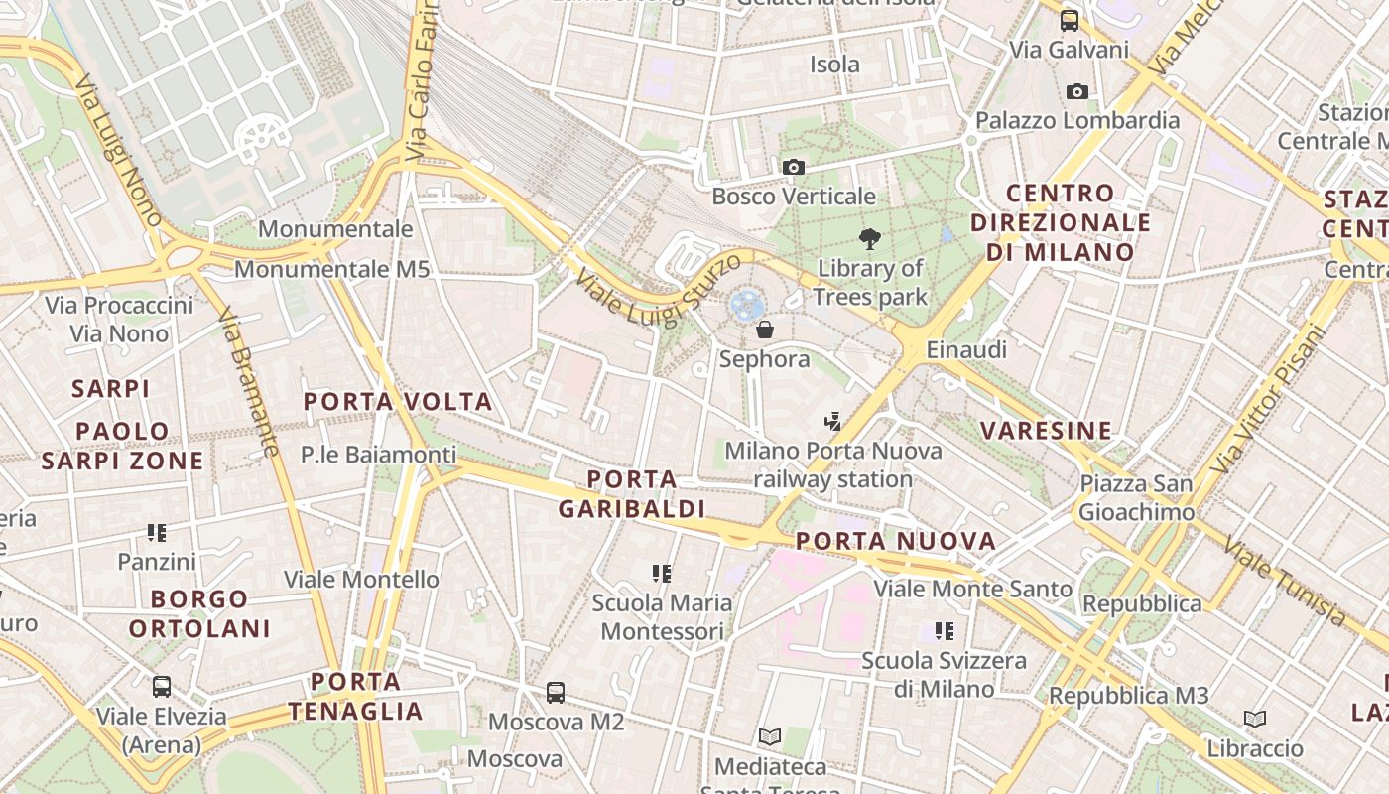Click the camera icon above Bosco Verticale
[x=793, y=167]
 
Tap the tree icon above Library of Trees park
[x=870, y=238]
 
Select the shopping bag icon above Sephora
[x=765, y=330]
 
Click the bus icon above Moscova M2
[x=556, y=692]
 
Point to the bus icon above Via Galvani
[x=1069, y=20]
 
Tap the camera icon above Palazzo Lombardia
[x=1076, y=92]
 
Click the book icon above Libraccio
[x=1255, y=719]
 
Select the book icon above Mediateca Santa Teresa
[x=770, y=736]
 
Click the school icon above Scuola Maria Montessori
[x=662, y=573]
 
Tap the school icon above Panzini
[x=157, y=533]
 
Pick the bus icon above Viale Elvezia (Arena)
[x=161, y=686]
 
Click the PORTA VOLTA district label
[x=398, y=402]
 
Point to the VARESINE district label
[x=1046, y=431]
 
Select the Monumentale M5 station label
[x=332, y=269]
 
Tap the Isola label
[x=834, y=65]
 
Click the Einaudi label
[x=965, y=349]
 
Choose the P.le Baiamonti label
[x=379, y=455]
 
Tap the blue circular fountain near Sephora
[x=746, y=304]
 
